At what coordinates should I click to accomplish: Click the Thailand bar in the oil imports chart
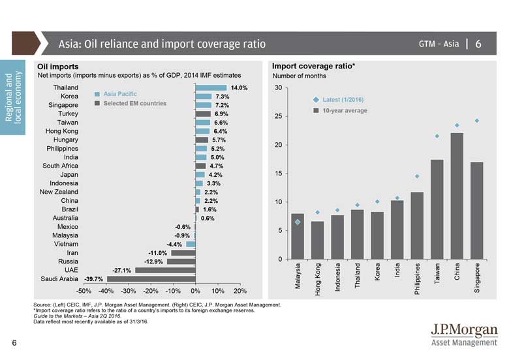coord(210,87)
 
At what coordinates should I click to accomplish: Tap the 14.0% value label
coord(239,87)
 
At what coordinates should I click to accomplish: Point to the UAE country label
coord(71,270)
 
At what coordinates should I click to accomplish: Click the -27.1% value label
coord(122,270)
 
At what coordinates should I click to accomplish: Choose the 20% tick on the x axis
coord(240,291)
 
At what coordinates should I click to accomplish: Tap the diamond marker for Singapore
coord(477,121)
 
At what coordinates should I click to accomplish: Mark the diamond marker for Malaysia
coord(298,222)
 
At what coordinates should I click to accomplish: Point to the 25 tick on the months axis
coord(279,116)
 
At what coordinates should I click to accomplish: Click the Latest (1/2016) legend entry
coord(339,100)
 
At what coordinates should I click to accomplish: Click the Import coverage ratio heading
coord(313,67)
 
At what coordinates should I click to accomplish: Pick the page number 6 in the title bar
coord(479,44)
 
